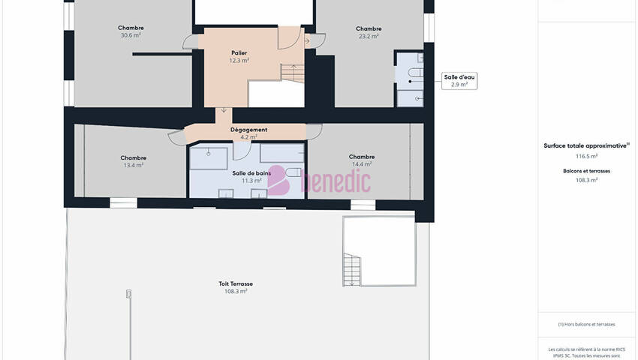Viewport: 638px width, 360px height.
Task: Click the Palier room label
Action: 239,53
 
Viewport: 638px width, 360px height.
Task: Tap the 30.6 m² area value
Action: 131,35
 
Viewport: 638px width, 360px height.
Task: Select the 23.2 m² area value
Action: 369,36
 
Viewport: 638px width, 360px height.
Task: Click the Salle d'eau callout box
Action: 459,81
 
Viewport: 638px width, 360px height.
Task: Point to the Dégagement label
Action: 248,130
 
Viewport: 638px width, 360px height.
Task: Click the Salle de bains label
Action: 251,173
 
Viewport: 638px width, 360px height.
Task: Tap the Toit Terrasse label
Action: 236,284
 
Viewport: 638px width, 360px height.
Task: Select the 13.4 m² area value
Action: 134,165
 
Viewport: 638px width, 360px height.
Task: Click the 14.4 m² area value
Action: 362,164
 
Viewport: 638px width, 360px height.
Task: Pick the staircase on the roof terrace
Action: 351,270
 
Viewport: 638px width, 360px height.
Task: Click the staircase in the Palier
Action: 293,73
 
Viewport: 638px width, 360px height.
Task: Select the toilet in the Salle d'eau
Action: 415,73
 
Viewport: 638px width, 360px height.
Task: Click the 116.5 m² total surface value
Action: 586,156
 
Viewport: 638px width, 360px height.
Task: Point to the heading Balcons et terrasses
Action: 586,171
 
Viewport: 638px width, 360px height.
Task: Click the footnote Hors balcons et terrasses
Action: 586,324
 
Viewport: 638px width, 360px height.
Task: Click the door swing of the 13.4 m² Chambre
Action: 177,137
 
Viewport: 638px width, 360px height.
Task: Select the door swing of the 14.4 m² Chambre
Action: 314,131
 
